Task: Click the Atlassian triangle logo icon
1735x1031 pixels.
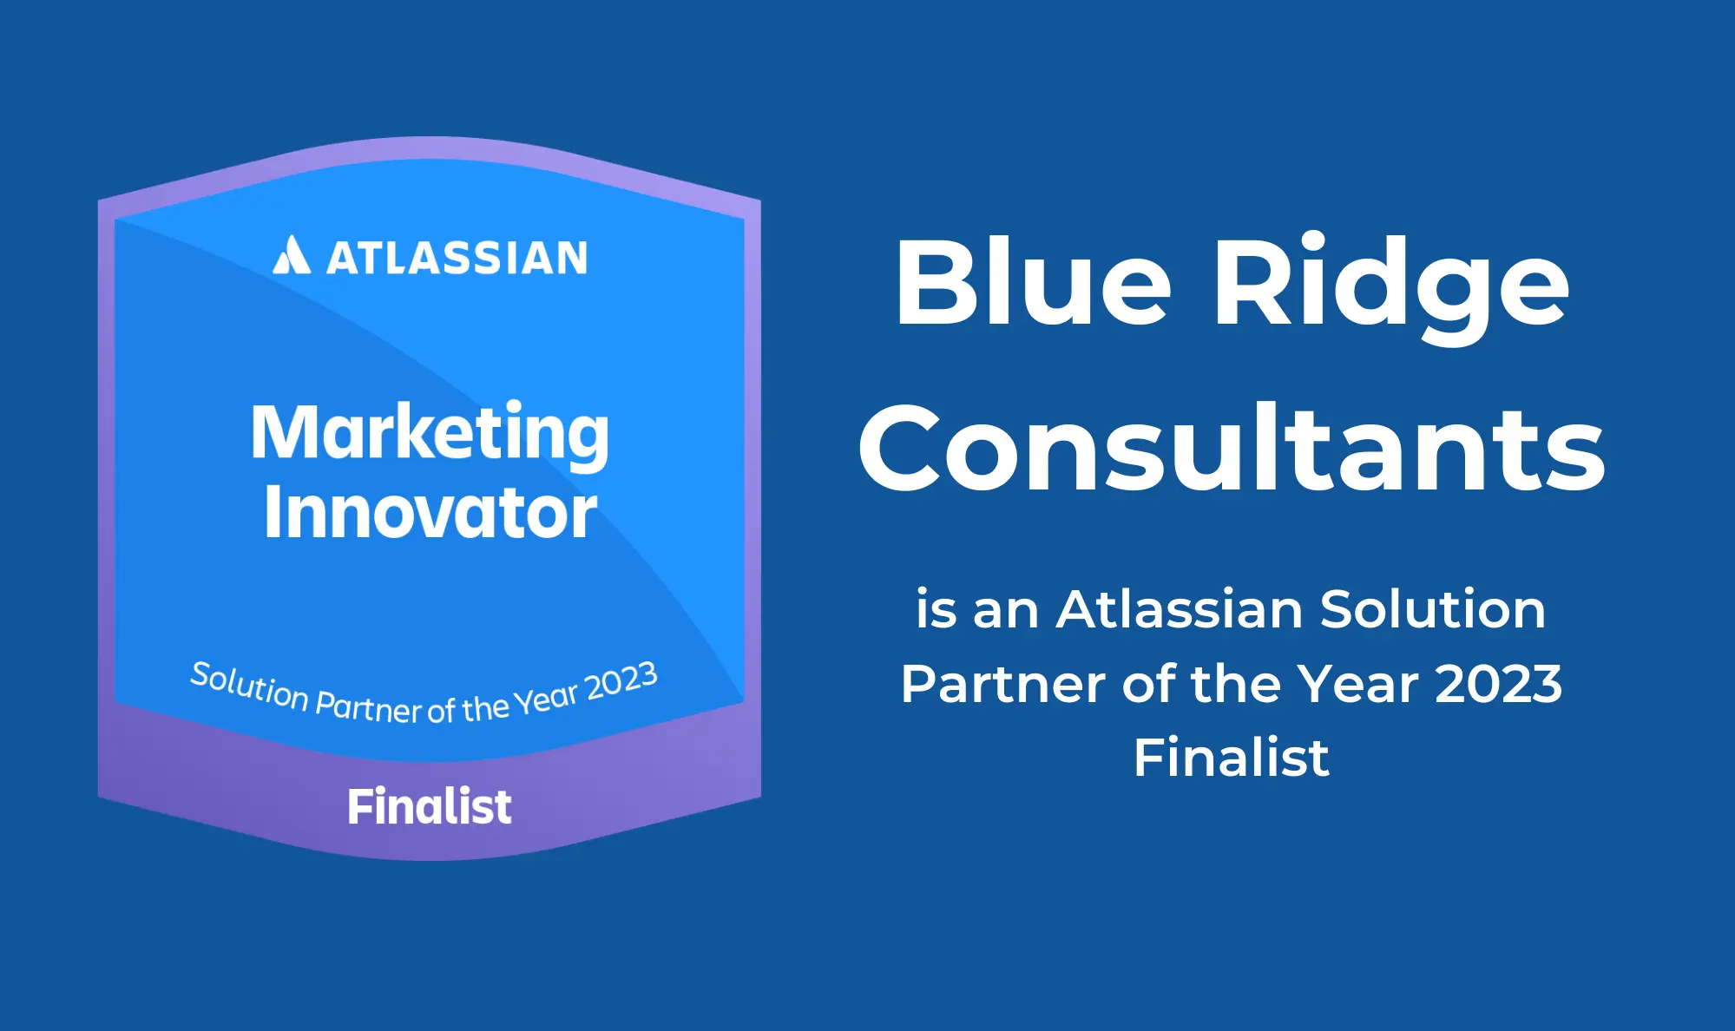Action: [x=292, y=254]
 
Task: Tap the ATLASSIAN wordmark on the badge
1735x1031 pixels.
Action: [x=457, y=259]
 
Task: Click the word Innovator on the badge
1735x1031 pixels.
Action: [x=430, y=512]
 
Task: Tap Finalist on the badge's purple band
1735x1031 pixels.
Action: [x=430, y=806]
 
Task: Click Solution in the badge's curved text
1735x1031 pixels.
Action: [x=250, y=686]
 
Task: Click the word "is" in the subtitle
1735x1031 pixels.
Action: [x=937, y=609]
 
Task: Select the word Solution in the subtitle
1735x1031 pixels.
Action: [x=1433, y=609]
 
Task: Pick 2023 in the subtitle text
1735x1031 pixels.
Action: [x=1499, y=684]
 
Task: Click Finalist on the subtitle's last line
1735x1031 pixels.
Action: [x=1231, y=758]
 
